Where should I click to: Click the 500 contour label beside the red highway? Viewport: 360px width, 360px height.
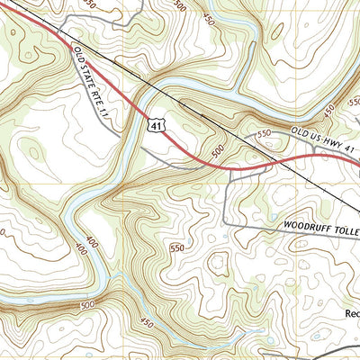pyautogui.click(x=218, y=153)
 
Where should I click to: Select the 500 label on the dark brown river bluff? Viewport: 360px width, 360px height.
pyautogui.click(x=87, y=306)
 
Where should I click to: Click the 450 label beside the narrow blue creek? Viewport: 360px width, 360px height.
pyautogui.click(x=147, y=321)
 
